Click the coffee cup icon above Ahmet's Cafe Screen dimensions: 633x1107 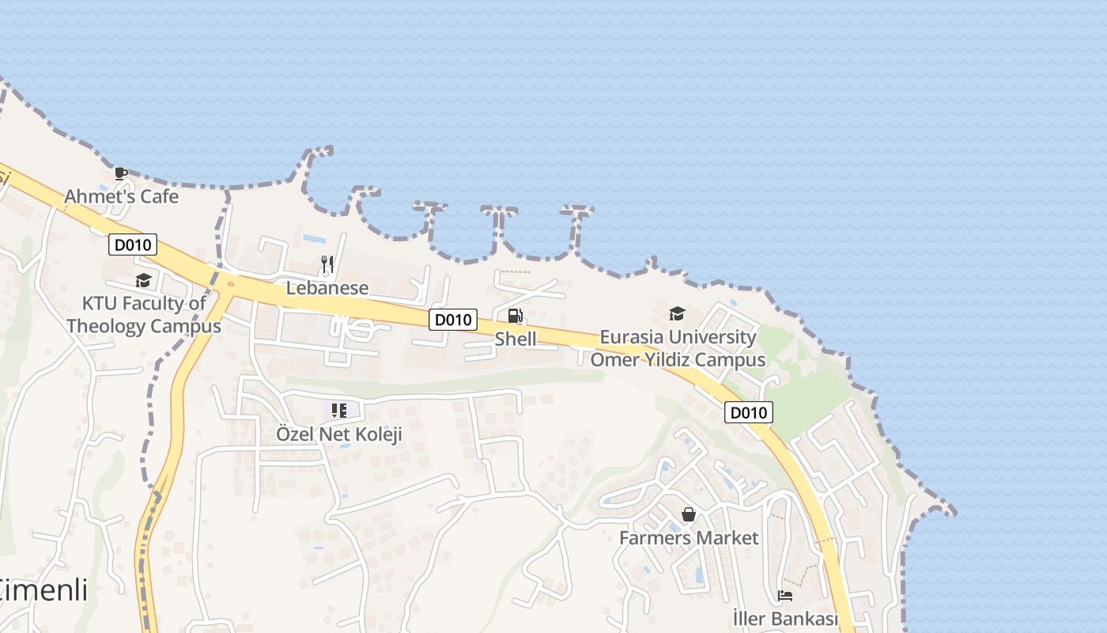(x=120, y=173)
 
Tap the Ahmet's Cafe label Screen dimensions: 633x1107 (x=122, y=196)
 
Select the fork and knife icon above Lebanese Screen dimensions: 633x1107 (x=327, y=263)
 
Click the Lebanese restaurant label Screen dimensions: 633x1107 (x=327, y=288)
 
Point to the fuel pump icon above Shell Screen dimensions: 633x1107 (x=516, y=316)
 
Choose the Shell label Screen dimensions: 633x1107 (x=516, y=339)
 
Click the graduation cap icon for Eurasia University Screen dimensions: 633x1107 (x=677, y=314)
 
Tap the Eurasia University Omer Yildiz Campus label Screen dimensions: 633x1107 (x=678, y=348)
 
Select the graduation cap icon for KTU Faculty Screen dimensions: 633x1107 (x=143, y=280)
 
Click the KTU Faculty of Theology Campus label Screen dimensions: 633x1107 (x=144, y=315)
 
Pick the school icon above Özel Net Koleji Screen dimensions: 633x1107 (x=339, y=410)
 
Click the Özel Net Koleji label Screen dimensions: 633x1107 (x=339, y=434)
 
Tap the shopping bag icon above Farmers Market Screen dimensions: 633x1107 (x=689, y=515)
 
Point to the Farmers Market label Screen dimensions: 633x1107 (x=689, y=538)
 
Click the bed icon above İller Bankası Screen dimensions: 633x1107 (x=785, y=595)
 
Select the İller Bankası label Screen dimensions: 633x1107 (x=785, y=618)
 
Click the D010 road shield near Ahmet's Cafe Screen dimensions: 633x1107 (x=133, y=245)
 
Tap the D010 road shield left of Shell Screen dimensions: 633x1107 (x=454, y=320)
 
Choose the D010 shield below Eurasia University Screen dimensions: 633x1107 (x=748, y=412)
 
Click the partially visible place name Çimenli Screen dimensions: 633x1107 (x=43, y=591)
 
